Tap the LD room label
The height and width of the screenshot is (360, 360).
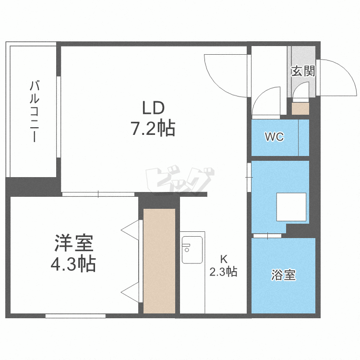(x=153, y=107)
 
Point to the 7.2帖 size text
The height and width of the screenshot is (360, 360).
(x=153, y=129)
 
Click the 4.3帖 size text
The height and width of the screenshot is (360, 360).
(x=73, y=264)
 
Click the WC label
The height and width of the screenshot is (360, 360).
(x=275, y=137)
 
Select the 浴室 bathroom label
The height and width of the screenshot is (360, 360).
(x=283, y=276)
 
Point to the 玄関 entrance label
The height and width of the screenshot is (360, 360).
(x=303, y=72)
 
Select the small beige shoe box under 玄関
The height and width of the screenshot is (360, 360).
(x=300, y=108)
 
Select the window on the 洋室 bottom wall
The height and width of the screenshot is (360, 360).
(x=75, y=315)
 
